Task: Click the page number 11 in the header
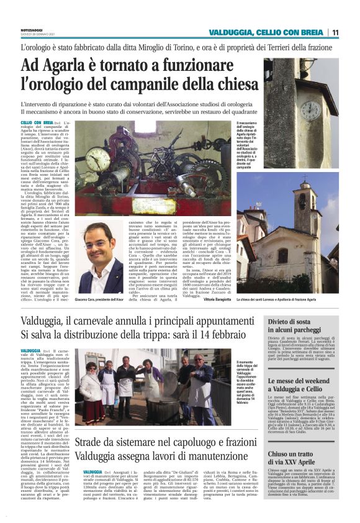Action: pos(335,32)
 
